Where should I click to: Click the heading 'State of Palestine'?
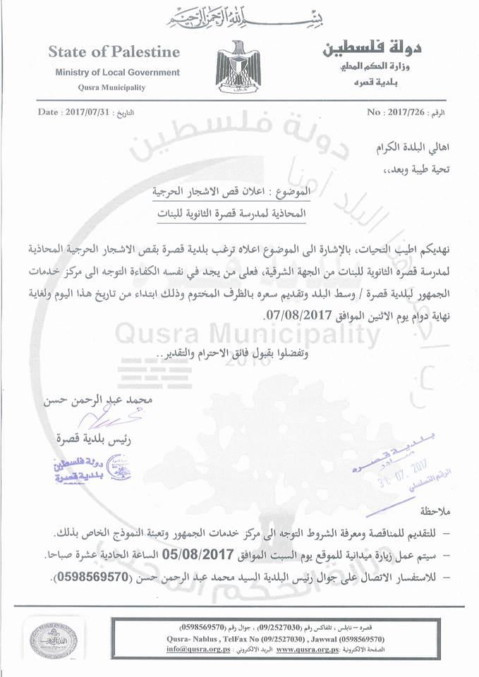point(114,52)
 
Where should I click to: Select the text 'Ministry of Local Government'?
point(117,73)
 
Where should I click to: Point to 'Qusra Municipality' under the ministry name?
point(113,87)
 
